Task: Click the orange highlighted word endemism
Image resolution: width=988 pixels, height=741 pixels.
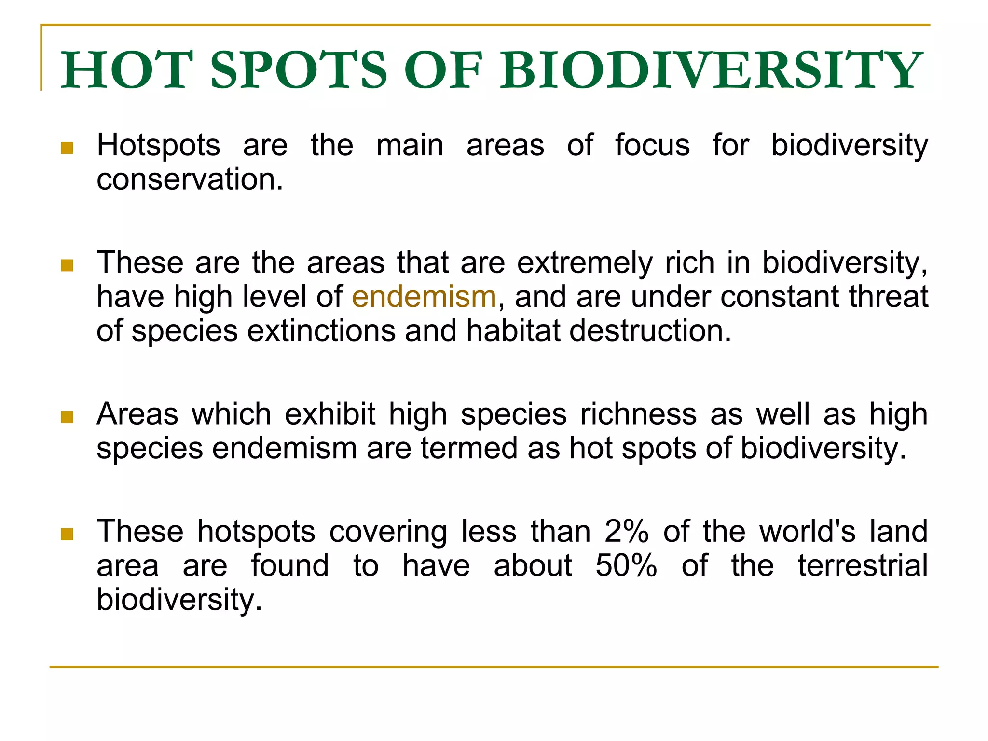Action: (424, 297)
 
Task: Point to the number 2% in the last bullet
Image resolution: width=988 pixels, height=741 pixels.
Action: (626, 532)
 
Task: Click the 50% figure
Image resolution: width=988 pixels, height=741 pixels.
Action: (626, 565)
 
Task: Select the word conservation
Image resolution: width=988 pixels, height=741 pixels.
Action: (190, 179)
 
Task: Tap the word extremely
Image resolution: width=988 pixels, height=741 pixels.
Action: (585, 263)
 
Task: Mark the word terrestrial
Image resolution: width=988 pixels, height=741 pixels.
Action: (863, 565)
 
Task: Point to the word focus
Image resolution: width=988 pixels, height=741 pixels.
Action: (652, 145)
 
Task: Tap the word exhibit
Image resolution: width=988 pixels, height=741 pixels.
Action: (330, 414)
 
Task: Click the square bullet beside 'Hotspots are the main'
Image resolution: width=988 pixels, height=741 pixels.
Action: (67, 148)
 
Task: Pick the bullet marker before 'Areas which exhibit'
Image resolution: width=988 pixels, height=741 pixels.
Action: (67, 416)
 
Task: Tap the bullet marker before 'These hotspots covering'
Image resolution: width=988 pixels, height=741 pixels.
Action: (67, 534)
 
